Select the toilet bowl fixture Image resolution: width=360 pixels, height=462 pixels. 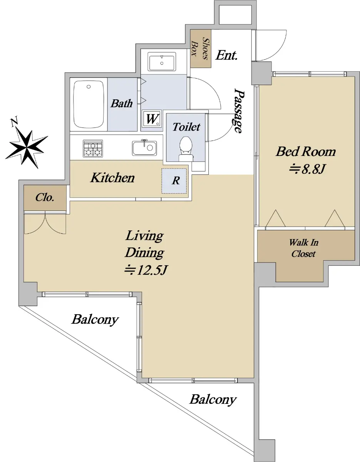186,149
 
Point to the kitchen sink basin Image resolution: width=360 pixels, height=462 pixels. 144,148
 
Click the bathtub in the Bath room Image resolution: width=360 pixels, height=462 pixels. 89,105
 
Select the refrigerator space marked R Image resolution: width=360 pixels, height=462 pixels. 174,181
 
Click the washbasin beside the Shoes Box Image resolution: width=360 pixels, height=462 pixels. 162,61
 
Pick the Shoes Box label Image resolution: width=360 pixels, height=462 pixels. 200,49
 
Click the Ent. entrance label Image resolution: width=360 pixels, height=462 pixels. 226,55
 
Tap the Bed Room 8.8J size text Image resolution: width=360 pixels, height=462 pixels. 306,170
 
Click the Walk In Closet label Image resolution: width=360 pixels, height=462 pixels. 304,248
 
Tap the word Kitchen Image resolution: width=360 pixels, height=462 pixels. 112,178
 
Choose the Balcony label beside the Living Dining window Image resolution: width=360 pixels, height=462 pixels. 95,320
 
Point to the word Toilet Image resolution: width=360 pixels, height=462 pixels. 186,127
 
